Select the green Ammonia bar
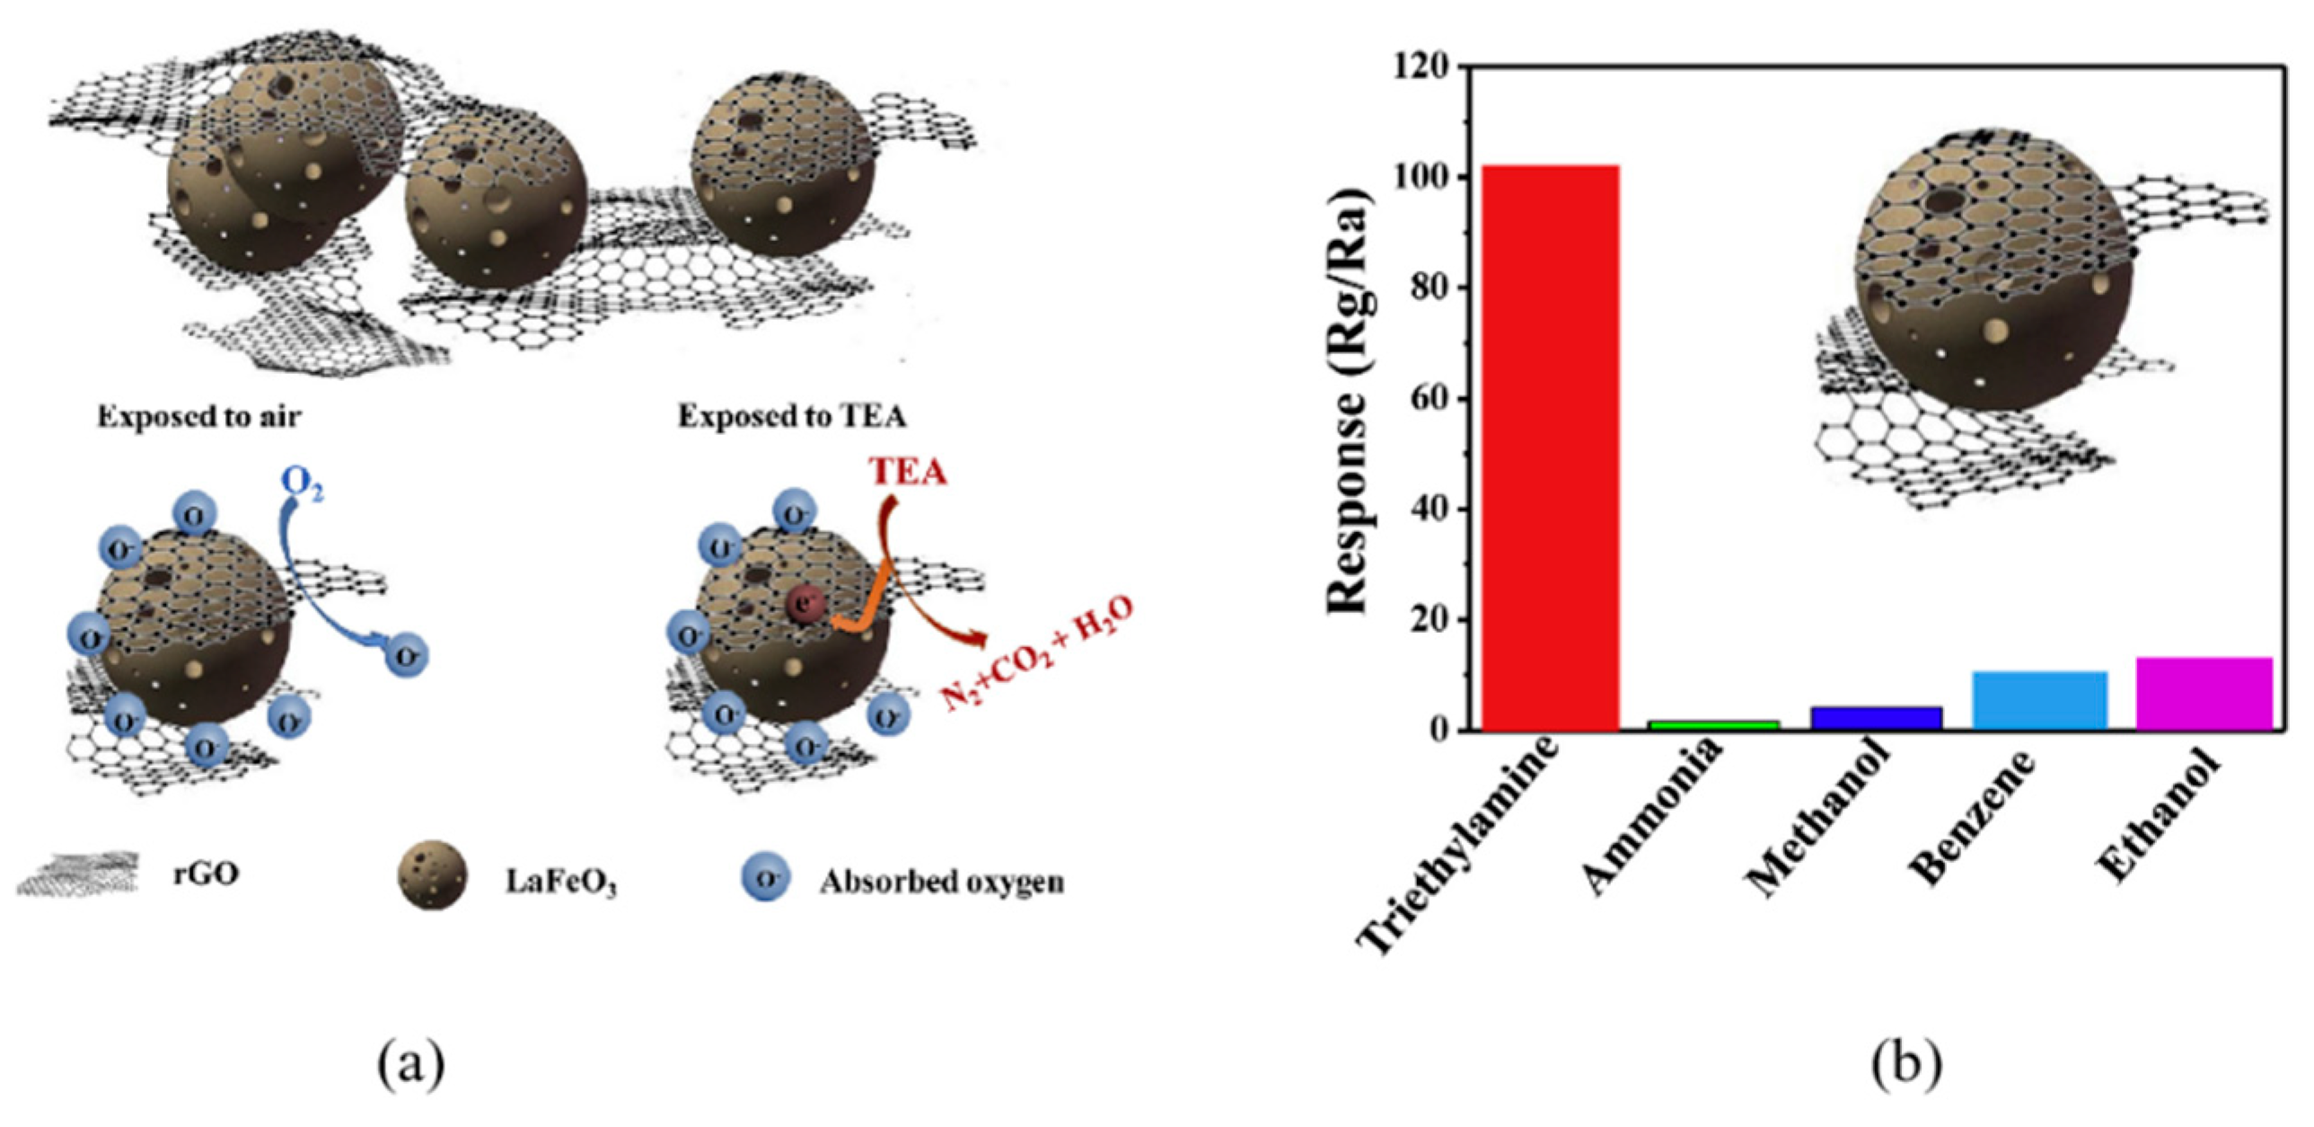coord(1714,724)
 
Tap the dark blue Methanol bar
coord(1876,718)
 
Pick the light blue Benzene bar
coord(2040,700)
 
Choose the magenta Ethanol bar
coord(2204,693)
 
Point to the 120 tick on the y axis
coord(1423,67)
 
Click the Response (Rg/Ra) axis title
coord(1348,400)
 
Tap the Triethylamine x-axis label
coord(1460,845)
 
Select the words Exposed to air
coord(198,417)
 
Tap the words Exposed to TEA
coord(791,417)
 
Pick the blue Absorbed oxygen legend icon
coord(765,877)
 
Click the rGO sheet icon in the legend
coord(79,874)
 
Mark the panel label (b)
coord(1906,1063)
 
